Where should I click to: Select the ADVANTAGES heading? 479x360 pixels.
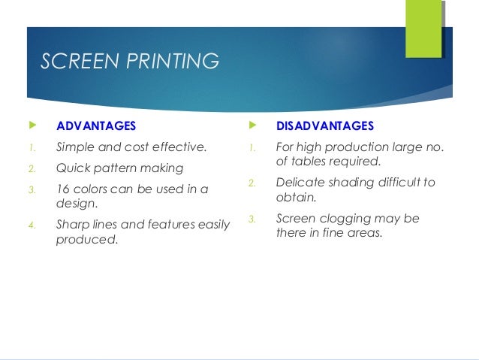pyautogui.click(x=96, y=126)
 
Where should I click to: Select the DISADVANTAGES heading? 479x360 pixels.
pyautogui.click(x=325, y=126)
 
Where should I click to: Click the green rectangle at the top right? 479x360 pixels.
pyautogui.click(x=423, y=29)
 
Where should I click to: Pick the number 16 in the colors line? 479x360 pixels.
pyautogui.click(x=63, y=189)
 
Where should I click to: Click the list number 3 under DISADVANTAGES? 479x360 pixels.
pyautogui.click(x=252, y=219)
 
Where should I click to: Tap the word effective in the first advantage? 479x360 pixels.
pyautogui.click(x=179, y=147)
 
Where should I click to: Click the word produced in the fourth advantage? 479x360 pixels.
pyautogui.click(x=86, y=240)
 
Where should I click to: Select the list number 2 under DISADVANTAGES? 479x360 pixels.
pyautogui.click(x=252, y=183)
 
